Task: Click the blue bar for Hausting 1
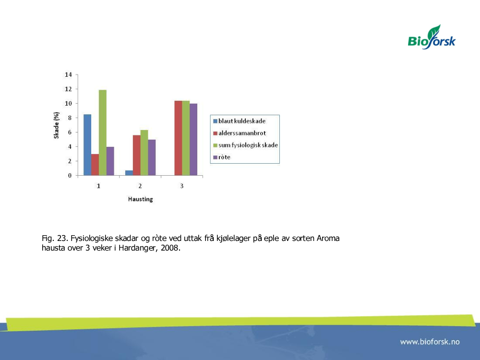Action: tap(87, 145)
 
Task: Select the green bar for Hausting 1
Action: tap(103, 132)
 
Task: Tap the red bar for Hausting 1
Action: tap(95, 165)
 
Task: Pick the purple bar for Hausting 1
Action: tap(110, 161)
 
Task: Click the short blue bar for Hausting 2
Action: tap(129, 173)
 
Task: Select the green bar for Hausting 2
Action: tap(144, 153)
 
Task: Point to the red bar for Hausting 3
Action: tap(178, 138)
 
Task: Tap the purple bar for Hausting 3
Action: tap(193, 140)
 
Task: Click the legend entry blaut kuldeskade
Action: tap(240, 121)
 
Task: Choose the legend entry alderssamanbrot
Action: tap(240, 133)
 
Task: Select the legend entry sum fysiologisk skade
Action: tap(245, 145)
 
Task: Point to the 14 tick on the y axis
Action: tap(68, 75)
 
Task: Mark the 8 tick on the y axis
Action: tap(70, 118)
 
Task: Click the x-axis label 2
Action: tap(140, 186)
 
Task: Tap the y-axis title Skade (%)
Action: tap(56, 125)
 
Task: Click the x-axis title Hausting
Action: tap(141, 199)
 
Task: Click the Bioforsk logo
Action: tap(432, 37)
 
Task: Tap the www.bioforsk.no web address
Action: tap(430, 342)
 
